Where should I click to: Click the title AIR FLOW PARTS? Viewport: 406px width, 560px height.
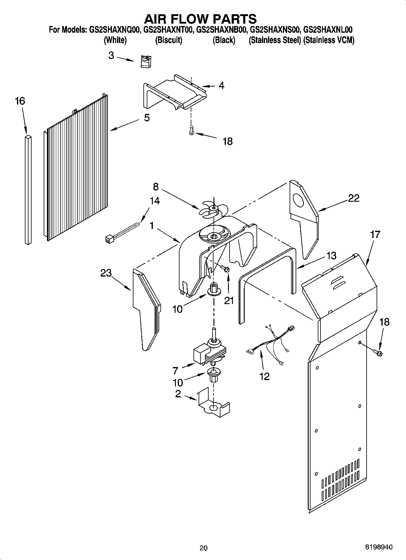click(200, 19)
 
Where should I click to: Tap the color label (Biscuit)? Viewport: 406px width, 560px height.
click(169, 40)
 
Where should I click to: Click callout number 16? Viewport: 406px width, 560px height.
click(20, 101)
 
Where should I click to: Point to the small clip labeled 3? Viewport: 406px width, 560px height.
click(146, 62)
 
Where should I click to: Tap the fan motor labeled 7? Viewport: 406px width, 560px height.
click(209, 351)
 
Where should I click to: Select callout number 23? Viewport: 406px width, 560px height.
click(106, 273)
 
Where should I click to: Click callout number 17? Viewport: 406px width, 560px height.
click(375, 235)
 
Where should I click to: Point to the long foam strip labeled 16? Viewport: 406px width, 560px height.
click(28, 189)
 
